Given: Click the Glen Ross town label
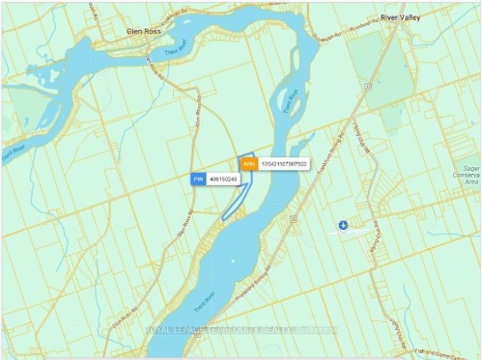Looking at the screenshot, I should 148,30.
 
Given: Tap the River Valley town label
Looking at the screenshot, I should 402,17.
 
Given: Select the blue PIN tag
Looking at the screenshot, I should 198,180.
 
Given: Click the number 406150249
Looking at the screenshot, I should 223,180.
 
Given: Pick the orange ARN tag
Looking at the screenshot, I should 248,165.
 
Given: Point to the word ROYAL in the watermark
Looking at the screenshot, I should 159,330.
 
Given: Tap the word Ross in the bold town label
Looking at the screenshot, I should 158,30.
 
